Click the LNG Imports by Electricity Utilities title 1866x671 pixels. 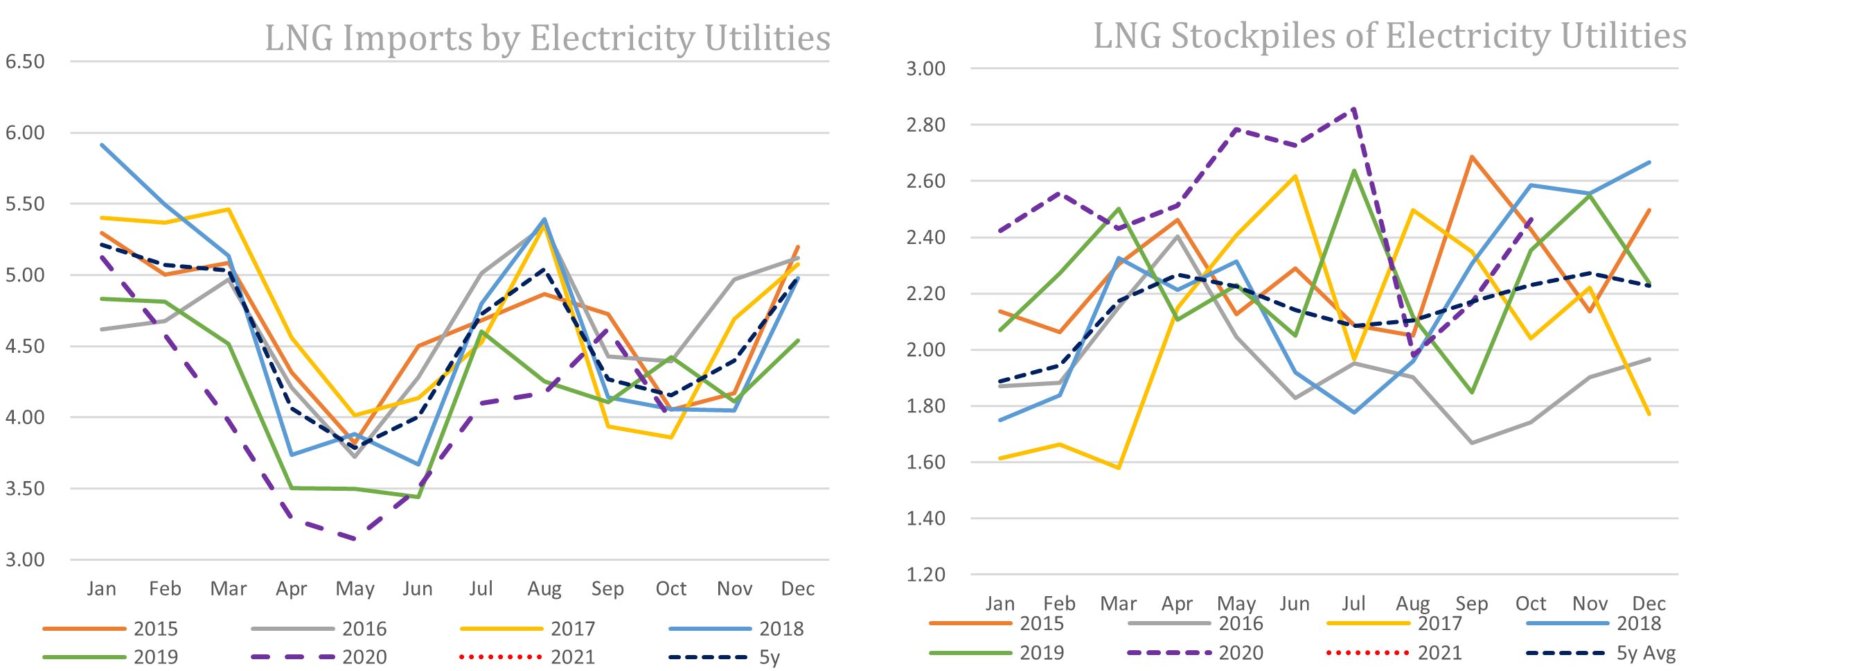pos(547,37)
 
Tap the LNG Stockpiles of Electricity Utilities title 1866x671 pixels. pos(1389,35)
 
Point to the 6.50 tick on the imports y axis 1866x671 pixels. pos(26,62)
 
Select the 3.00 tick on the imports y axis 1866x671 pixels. pos(26,559)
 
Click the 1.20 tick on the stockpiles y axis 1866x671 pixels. pos(926,575)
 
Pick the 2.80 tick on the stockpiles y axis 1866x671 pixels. pos(926,125)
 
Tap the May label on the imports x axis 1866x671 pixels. pos(354,589)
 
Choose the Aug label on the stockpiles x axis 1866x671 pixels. pos(1412,604)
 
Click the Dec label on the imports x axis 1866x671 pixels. pos(797,589)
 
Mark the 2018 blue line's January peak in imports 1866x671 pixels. pos(102,145)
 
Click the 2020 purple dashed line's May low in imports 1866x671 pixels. pos(354,539)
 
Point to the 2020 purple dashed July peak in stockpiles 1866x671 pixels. pos(1354,109)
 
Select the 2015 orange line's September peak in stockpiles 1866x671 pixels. pos(1472,157)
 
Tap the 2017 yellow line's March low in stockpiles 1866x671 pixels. pos(1119,467)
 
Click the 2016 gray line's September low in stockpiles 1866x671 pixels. pos(1472,443)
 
